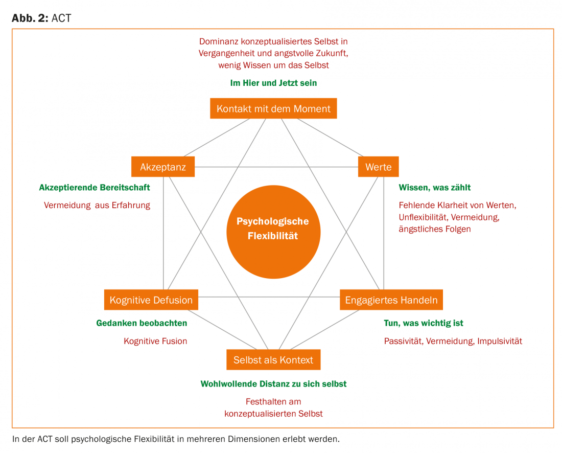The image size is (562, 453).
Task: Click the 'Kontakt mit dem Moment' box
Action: [273, 108]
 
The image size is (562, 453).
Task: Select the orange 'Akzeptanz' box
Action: [163, 167]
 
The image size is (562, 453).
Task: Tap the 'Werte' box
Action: [379, 167]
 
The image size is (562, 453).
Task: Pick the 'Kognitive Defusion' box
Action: [151, 300]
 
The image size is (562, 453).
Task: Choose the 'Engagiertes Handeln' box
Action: [391, 300]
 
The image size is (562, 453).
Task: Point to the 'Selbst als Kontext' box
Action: [273, 359]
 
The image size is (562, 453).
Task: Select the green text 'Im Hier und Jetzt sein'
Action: [273, 83]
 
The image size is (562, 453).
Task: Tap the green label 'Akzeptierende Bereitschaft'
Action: [95, 188]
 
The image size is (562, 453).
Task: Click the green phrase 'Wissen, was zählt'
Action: [435, 188]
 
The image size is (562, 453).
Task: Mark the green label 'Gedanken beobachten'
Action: [142, 323]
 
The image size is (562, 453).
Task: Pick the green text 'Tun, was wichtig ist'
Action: [424, 323]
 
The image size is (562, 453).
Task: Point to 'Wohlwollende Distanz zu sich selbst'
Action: [273, 383]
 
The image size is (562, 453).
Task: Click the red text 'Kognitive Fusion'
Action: [155, 341]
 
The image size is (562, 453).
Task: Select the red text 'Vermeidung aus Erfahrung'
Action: [97, 206]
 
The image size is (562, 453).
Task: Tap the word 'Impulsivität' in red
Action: [500, 341]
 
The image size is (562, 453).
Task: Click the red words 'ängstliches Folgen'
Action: [435, 229]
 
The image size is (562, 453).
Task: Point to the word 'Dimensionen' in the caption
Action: [266, 439]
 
